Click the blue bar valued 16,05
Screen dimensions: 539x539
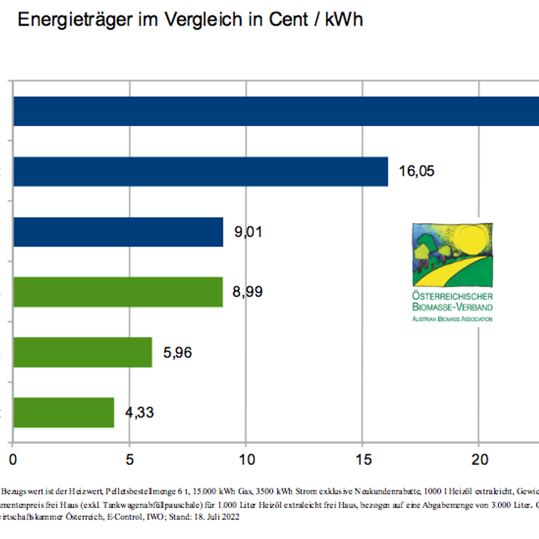tap(201, 171)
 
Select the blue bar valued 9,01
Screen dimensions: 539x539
tap(118, 232)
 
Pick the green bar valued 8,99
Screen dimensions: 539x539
tap(118, 292)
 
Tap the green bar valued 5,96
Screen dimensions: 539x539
tap(83, 352)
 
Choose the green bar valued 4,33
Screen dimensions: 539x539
tap(64, 412)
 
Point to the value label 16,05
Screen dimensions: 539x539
tap(416, 171)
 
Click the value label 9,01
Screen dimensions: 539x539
tap(248, 232)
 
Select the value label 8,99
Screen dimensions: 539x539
tap(248, 292)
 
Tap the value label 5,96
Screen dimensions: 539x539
tap(177, 352)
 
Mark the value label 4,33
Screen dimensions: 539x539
tap(139, 412)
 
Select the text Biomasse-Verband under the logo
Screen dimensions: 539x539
tap(452, 307)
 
